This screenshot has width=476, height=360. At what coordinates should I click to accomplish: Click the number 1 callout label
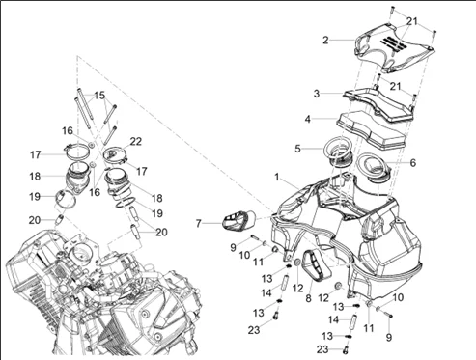[277, 177]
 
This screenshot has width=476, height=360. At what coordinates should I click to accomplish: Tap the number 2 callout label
[325, 41]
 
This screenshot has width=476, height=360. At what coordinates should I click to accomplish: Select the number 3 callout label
[317, 94]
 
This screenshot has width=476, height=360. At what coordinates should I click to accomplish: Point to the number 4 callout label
[308, 119]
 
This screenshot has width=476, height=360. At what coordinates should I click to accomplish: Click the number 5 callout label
[297, 149]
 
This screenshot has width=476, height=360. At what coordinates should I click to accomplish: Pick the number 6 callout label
[413, 163]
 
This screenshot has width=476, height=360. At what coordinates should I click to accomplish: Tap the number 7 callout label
[199, 223]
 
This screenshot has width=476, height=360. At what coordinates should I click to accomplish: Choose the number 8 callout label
[308, 298]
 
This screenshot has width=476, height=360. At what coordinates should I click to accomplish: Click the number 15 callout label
[99, 96]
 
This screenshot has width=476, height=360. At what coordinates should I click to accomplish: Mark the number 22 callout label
[136, 141]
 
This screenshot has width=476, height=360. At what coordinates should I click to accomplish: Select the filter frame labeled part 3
[378, 104]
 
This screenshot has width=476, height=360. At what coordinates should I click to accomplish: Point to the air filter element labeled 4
[371, 129]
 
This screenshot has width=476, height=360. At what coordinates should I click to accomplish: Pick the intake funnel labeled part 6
[374, 168]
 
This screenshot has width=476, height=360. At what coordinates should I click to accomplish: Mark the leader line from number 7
[212, 223]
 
